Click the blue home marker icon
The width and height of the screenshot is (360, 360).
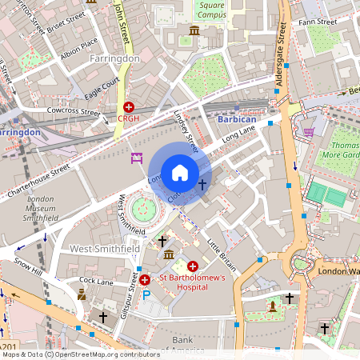point(180,172)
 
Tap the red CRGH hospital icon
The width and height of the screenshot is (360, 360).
point(129,106)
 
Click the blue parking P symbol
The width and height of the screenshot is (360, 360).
point(146,294)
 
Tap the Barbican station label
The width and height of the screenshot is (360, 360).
point(237,118)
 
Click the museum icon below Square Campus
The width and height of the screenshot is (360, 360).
point(194,31)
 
